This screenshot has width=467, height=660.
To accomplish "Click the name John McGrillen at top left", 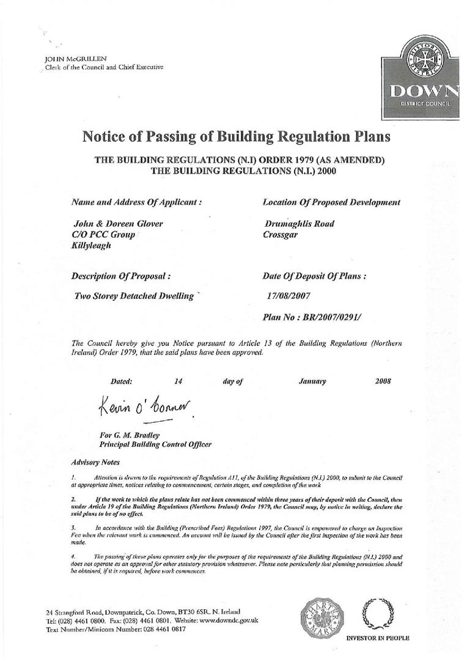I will [67, 59].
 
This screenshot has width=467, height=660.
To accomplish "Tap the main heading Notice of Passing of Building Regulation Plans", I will [235, 136].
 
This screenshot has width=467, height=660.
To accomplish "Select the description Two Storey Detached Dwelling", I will [133, 296].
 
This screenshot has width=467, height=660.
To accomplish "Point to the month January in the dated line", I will [312, 381].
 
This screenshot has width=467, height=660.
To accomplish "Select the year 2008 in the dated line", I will [383, 381].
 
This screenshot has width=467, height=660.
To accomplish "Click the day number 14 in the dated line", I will [178, 381].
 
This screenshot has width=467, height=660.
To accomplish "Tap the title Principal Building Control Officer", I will [155, 444].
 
